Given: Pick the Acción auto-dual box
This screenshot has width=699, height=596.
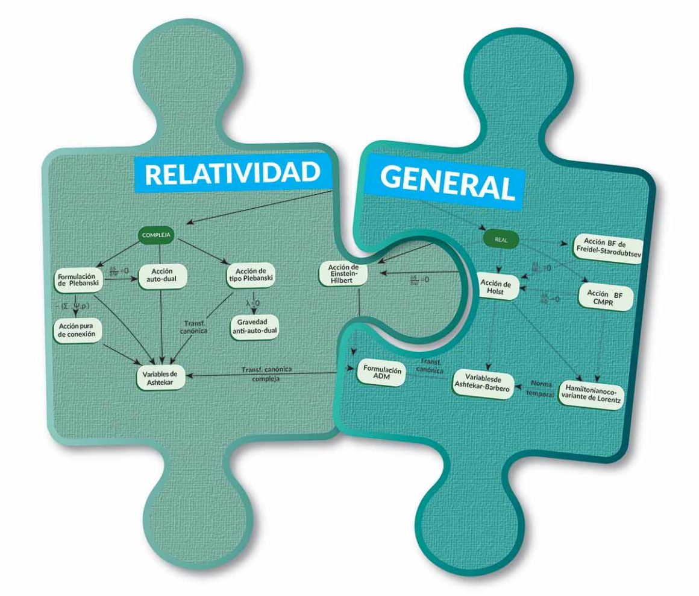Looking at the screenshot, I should point(163,276).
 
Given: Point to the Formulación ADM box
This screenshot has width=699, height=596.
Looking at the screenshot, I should point(380,372).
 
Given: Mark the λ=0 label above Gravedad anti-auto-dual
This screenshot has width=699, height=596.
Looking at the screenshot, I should point(252,297).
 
